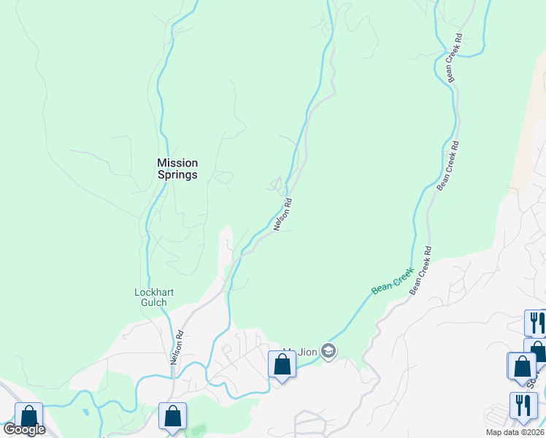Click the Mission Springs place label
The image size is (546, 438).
point(178,169)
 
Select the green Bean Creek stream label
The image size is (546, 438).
point(392,281)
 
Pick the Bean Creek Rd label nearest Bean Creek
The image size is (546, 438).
point(420,271)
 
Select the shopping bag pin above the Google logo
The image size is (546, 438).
point(28,417)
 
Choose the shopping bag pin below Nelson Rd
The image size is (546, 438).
point(172,417)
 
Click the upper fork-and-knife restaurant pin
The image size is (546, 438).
point(534,322)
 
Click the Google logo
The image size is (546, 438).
point(24,429)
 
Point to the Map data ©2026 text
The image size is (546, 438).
point(515,432)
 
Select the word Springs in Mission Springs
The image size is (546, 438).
point(178,175)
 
